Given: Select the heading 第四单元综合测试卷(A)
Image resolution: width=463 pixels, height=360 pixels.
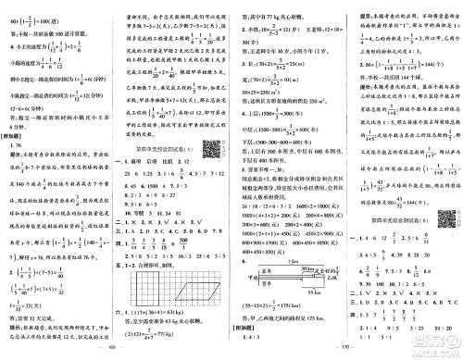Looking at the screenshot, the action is pos(171,144).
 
